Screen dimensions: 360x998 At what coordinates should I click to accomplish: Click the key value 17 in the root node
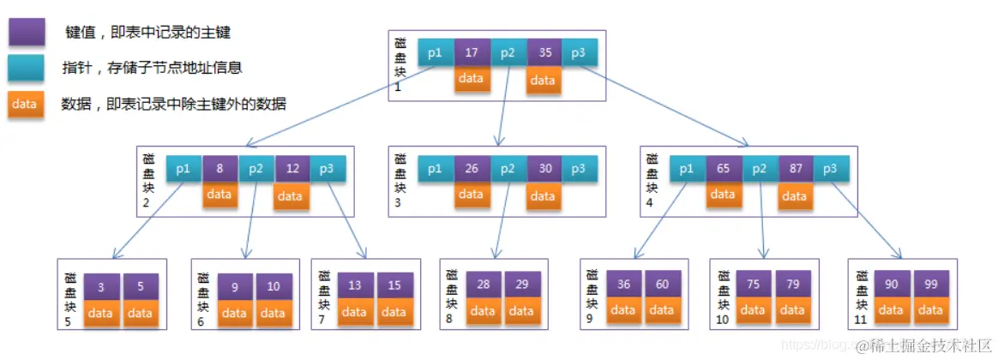pyautogui.click(x=472, y=52)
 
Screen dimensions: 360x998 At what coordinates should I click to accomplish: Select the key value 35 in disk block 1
pyautogui.click(x=544, y=52)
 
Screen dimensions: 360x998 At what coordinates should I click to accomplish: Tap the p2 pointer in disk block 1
pyautogui.click(x=508, y=52)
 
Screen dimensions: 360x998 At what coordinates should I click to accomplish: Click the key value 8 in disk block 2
pyautogui.click(x=219, y=169)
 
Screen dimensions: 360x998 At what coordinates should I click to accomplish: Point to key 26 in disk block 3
pyautogui.click(x=472, y=169)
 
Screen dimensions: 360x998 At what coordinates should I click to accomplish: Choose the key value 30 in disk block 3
pyautogui.click(x=544, y=169)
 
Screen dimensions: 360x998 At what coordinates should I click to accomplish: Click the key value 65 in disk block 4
pyautogui.click(x=723, y=169)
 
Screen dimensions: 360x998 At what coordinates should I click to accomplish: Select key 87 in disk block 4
pyautogui.click(x=795, y=169)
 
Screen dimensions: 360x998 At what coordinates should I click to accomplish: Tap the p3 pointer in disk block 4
pyautogui.click(x=831, y=169)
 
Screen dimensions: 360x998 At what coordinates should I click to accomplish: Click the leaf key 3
pyautogui.click(x=101, y=287)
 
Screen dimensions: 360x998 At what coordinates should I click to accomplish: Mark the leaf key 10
pyautogui.click(x=273, y=287)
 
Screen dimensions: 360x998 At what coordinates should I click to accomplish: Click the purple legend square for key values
pyautogui.click(x=27, y=33)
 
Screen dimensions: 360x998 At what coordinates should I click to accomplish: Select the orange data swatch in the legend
pyautogui.click(x=27, y=104)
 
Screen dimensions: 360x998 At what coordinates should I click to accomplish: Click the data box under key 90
pyautogui.click(x=892, y=310)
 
